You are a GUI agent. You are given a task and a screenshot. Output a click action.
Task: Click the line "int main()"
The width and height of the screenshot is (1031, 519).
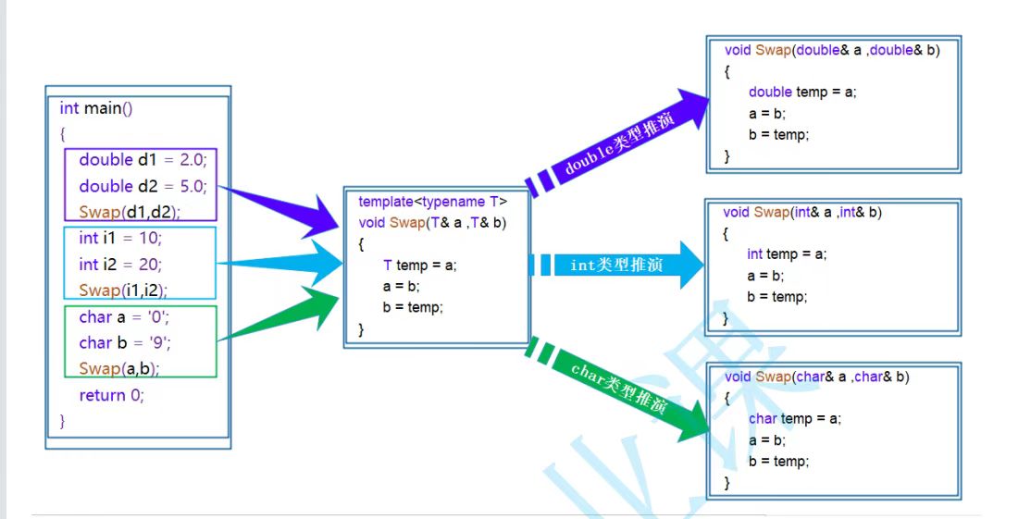click(96, 108)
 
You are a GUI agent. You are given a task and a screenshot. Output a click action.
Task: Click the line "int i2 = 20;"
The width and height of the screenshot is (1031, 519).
click(120, 264)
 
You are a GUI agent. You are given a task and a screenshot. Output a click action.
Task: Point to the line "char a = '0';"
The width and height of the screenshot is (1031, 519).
click(124, 317)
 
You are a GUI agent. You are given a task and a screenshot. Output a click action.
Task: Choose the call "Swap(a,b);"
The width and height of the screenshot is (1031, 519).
click(119, 368)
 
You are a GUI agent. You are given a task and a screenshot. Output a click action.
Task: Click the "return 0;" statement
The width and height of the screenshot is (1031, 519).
click(112, 395)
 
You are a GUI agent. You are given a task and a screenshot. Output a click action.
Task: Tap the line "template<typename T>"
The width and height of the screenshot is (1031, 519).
click(432, 201)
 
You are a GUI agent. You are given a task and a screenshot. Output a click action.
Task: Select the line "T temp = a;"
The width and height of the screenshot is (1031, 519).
click(419, 266)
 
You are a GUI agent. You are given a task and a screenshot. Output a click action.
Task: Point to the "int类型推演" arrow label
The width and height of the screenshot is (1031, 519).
click(616, 266)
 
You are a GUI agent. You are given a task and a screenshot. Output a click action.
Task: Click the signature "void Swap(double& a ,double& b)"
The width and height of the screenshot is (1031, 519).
click(832, 51)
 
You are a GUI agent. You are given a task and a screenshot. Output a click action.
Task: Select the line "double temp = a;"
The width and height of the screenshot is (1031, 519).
click(802, 92)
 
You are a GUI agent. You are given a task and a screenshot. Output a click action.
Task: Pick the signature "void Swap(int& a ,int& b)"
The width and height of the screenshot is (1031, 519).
click(802, 213)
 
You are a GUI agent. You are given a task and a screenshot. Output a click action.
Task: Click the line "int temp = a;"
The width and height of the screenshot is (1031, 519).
click(787, 253)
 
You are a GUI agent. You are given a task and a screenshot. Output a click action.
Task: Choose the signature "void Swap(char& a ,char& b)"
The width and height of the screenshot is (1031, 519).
click(816, 377)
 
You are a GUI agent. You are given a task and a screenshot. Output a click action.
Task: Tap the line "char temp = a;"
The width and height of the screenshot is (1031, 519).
click(795, 418)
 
